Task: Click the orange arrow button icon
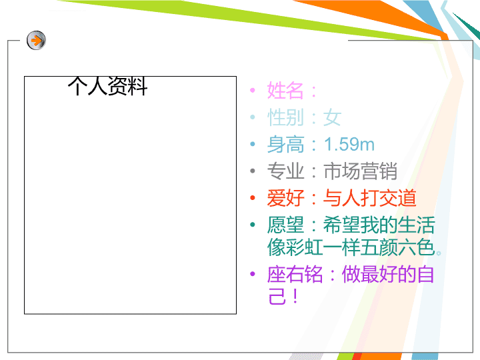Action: [36, 40]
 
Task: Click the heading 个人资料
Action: [107, 86]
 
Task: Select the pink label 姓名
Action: [285, 91]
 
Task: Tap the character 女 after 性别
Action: [332, 117]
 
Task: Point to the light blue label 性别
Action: [285, 117]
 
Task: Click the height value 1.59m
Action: [349, 144]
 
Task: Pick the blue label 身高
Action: [285, 145]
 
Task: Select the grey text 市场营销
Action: [360, 171]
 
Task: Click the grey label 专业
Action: [285, 171]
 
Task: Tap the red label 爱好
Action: [285, 198]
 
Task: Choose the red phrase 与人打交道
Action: [370, 198]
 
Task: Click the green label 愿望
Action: [285, 225]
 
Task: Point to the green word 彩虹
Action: [304, 247]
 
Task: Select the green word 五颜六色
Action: [397, 247]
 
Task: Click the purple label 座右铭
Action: [295, 274]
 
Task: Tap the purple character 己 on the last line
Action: [277, 296]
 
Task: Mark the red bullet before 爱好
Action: [253, 198]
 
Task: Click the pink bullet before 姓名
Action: [253, 90]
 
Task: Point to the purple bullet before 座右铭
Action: [253, 274]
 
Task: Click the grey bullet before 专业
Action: [253, 171]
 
